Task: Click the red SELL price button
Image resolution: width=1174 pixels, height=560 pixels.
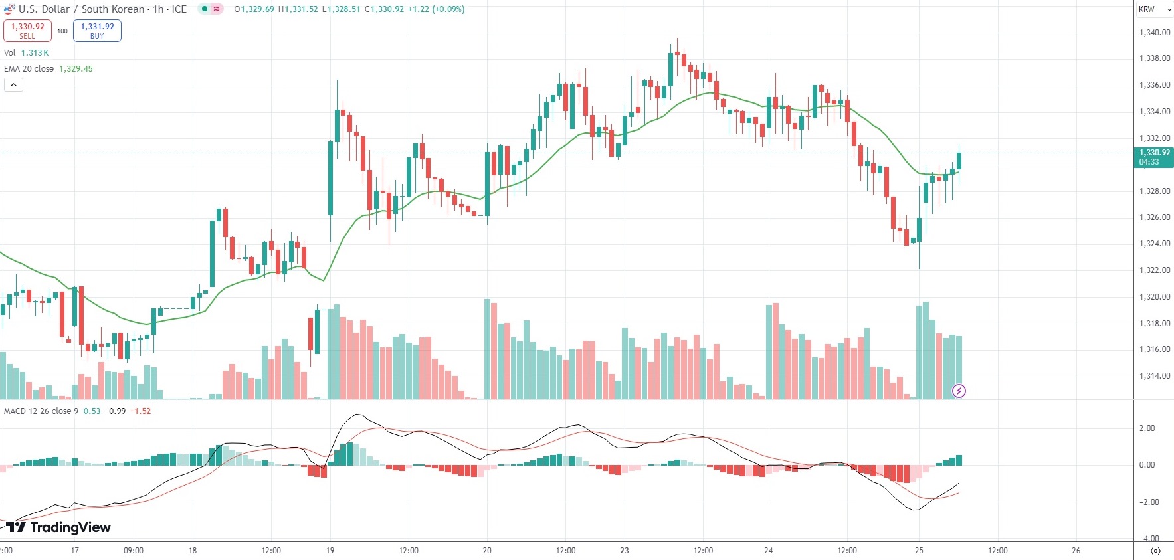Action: coord(27,31)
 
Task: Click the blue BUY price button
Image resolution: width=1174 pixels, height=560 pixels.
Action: coord(97,31)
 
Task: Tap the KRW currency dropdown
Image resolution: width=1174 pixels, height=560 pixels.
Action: coord(1155,9)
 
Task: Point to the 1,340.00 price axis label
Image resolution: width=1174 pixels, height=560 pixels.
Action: coord(1154,33)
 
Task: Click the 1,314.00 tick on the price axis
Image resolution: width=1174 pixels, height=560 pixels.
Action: coord(1154,376)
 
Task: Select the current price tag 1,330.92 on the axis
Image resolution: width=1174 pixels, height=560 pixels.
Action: coord(1154,157)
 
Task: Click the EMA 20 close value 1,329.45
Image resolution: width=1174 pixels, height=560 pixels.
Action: coord(76,69)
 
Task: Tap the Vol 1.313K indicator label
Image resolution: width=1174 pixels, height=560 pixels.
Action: coord(27,53)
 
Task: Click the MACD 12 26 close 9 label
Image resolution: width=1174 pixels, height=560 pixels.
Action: coord(41,411)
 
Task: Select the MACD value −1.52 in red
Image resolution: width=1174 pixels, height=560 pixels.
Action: coord(140,411)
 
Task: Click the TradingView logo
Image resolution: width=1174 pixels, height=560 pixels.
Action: coord(58,527)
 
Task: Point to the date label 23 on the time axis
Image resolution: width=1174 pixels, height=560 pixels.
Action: coord(624,551)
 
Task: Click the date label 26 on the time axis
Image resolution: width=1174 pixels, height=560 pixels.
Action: coord(1076,551)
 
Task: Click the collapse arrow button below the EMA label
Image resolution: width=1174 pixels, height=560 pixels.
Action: coord(13,84)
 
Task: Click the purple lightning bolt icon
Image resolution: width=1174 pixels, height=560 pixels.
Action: coord(959,391)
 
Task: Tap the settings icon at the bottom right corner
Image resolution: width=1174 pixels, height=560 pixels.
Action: coord(1155,551)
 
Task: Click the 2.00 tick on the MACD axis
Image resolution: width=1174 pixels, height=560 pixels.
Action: coord(1147,428)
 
